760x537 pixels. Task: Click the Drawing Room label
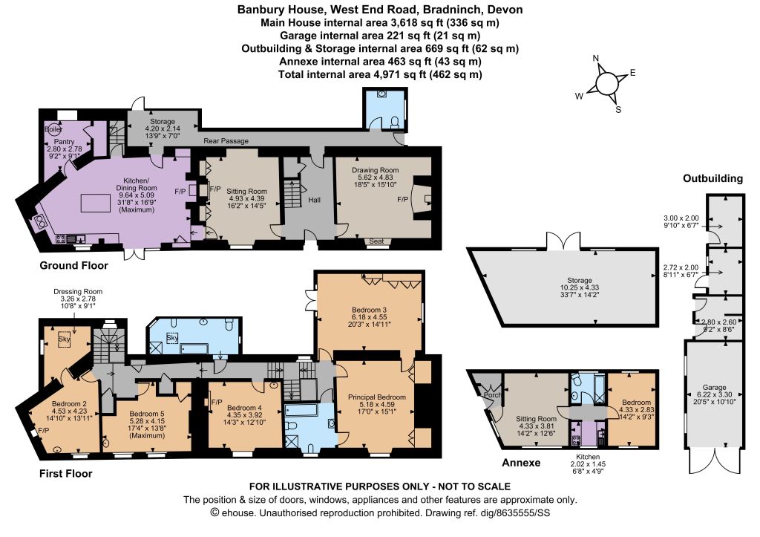click(x=375, y=170)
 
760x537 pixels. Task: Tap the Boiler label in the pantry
click(x=53, y=129)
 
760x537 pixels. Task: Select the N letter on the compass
click(x=596, y=59)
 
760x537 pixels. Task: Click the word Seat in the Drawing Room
click(x=376, y=241)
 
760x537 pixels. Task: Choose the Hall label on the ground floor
click(x=314, y=200)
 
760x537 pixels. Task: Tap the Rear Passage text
click(x=226, y=141)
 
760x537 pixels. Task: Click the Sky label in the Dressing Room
click(x=64, y=339)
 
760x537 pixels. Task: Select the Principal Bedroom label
click(x=376, y=397)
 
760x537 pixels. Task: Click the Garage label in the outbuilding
click(x=715, y=388)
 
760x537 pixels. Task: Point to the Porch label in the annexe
click(x=492, y=395)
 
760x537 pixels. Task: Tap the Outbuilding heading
click(x=712, y=178)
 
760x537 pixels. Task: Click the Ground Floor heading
click(x=73, y=265)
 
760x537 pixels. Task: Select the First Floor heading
click(x=65, y=473)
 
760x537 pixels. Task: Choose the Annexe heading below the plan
click(x=521, y=463)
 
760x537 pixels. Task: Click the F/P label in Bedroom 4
click(x=217, y=402)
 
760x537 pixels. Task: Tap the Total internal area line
click(x=380, y=74)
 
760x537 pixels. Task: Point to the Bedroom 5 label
click(x=147, y=414)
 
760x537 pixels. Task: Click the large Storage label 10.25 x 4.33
click(x=580, y=287)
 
